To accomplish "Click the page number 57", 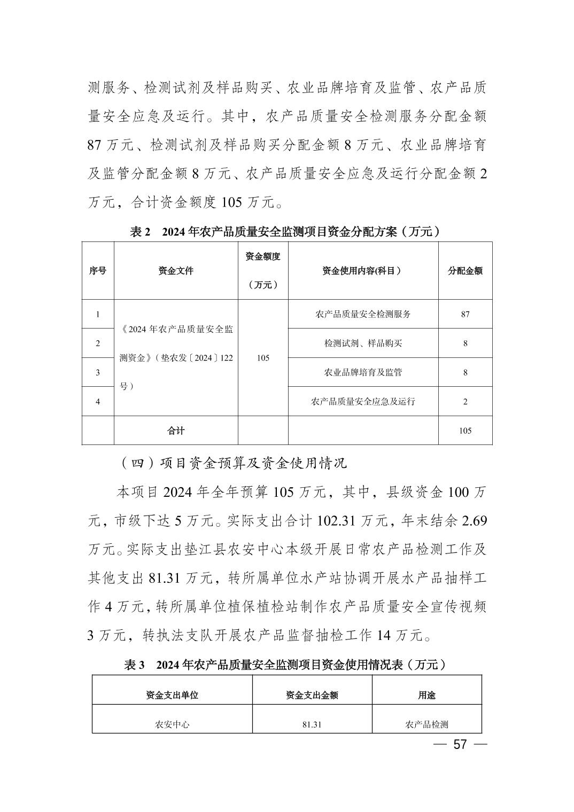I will (460, 745).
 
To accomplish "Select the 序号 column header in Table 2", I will (97, 271).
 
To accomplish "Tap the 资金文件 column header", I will (176, 271).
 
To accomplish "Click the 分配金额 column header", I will (465, 271).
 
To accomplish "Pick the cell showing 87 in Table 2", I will (465, 314).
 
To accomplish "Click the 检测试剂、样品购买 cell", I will (363, 343).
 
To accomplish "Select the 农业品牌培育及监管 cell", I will (363, 372).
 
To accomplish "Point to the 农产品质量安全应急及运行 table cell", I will (363, 401).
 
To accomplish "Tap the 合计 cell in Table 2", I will (176, 431).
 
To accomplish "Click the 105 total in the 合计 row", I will (465, 431).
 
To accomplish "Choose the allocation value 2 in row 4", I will (465, 401).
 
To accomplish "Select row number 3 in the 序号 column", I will (97, 372).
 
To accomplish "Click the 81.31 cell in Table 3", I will (312, 725).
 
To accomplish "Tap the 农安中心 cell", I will (172, 725).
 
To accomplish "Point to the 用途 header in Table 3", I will (426, 695).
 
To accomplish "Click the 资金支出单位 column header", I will (172, 695).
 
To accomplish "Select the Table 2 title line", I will (286, 232).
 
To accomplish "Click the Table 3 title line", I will (286, 665).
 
